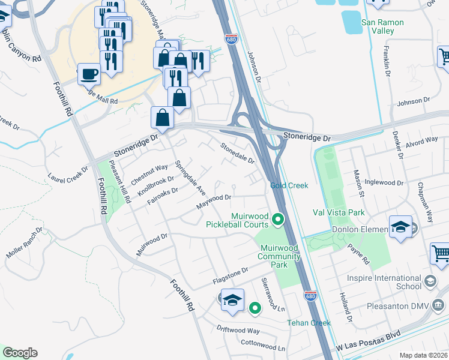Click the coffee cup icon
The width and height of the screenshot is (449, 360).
point(89,74)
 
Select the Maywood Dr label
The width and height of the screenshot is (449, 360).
point(214,202)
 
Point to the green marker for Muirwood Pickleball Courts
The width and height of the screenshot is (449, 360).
point(277,220)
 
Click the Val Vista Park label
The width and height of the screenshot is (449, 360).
point(339,212)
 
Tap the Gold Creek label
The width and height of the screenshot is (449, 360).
point(289,185)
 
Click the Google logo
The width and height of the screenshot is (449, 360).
point(19,353)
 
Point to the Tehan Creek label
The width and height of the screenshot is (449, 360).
point(309,323)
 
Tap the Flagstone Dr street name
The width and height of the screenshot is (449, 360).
point(231,277)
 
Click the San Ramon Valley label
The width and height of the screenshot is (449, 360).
point(382,26)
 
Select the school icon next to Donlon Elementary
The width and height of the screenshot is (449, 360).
point(400,227)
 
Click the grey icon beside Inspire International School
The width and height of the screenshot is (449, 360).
point(430,281)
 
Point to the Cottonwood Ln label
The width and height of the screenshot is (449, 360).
point(263,347)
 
